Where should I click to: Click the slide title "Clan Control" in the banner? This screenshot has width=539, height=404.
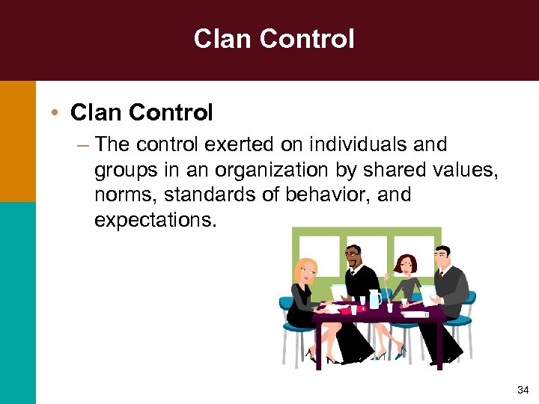[x=274, y=39]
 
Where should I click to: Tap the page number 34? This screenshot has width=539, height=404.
[x=522, y=390]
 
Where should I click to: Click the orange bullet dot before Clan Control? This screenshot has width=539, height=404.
[x=56, y=114]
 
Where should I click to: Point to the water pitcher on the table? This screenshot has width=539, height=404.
[x=374, y=299]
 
